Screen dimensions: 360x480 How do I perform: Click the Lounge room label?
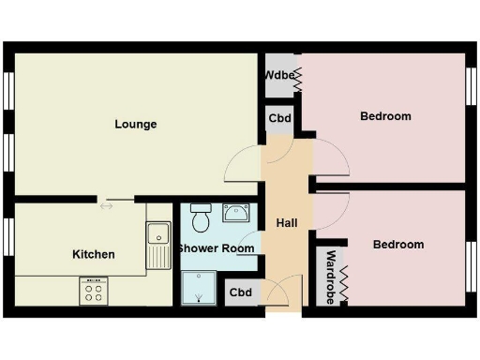pos(136,124)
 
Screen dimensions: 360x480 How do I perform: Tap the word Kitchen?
pos(94,254)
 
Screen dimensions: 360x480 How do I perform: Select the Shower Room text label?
pos(216,248)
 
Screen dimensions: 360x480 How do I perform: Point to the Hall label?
pos(287,223)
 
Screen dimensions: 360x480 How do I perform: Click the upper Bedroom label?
pos(385,116)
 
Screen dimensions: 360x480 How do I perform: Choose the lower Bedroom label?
pos(398,245)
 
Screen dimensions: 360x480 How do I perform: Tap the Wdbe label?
pos(279,75)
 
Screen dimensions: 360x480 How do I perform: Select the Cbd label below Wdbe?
pos(279,119)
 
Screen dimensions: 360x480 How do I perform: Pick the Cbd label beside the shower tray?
pos(240,292)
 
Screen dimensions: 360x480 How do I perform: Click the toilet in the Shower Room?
pos(199,219)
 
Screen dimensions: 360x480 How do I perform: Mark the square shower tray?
pos(199,288)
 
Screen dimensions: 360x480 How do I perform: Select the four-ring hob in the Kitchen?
pos(95,291)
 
